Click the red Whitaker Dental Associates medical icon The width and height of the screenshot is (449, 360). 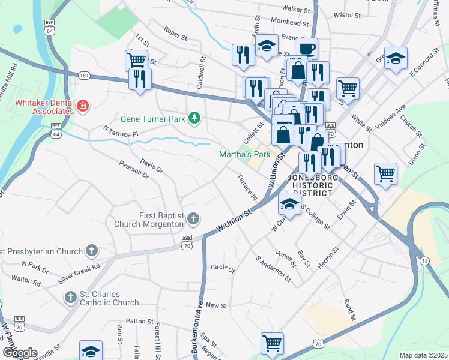coord(82,107)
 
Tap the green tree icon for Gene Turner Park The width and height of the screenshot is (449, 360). coord(194,119)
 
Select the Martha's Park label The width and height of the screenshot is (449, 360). coord(243,155)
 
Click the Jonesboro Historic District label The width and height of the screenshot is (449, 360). coord(310,185)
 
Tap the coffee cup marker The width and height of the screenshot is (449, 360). coord(306,48)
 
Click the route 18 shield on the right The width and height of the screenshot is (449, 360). coord(425,259)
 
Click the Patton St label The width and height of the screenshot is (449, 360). coord(140,321)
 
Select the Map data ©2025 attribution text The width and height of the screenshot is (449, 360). coord(423,355)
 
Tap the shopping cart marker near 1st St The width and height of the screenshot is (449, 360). coord(137,59)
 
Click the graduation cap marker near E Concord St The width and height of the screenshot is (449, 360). coord(396,58)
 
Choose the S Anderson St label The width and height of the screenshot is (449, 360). coord(273,270)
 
